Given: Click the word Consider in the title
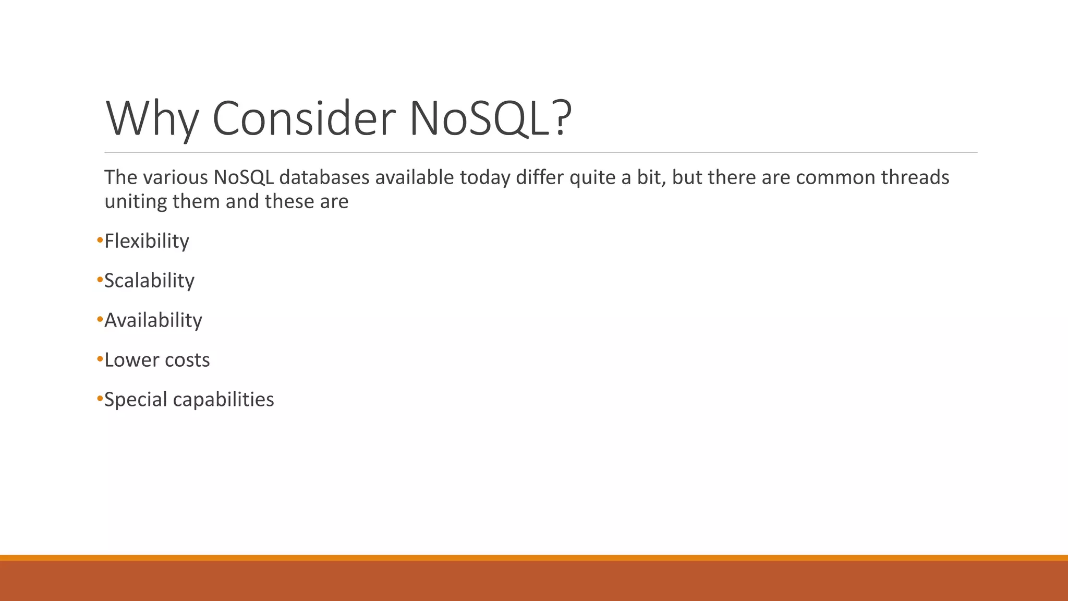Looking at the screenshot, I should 304,119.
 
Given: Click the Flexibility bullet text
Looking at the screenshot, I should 147,241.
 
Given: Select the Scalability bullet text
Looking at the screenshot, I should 149,281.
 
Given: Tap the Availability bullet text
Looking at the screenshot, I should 153,320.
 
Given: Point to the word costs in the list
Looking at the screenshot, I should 186,360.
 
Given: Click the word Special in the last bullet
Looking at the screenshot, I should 135,400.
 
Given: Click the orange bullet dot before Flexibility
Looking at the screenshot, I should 100,241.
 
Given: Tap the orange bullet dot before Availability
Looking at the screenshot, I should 100,320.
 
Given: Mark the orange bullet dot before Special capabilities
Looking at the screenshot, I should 100,399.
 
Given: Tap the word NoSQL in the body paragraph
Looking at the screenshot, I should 243,177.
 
